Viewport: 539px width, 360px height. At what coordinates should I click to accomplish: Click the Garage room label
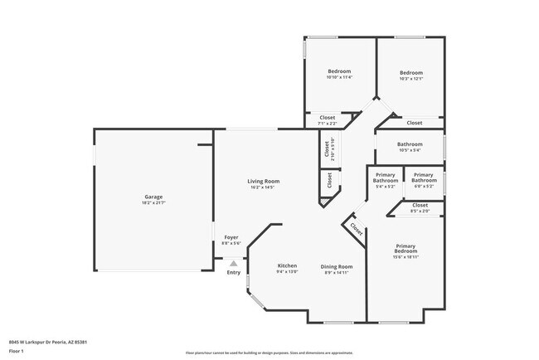152,197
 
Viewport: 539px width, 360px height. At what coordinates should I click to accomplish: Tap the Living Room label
263,181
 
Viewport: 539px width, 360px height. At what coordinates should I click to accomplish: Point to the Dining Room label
336,266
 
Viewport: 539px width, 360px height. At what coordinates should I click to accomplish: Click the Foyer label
231,237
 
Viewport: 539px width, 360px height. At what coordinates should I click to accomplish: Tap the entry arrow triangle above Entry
234,262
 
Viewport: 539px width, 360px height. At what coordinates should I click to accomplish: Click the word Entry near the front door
234,272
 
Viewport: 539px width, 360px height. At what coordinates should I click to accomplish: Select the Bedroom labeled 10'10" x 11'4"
339,71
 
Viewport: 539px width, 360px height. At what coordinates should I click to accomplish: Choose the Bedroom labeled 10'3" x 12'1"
411,72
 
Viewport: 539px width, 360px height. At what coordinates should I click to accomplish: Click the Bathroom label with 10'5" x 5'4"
410,144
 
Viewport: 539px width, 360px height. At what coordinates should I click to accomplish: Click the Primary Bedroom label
405,248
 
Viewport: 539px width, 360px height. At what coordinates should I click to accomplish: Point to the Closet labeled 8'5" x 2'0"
420,205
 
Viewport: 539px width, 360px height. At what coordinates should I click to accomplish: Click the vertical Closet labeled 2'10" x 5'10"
327,148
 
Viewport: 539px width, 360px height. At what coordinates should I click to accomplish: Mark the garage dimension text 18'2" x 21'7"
152,203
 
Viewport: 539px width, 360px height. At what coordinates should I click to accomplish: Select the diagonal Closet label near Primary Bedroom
356,228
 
